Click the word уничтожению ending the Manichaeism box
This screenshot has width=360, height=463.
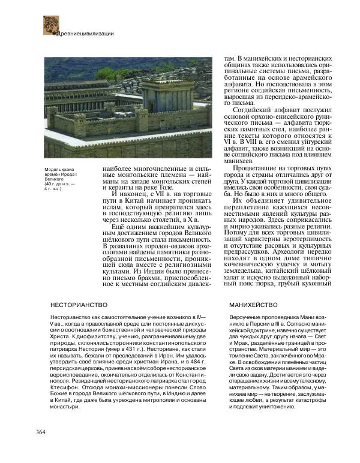pyautogui.click(x=275, y=407)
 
